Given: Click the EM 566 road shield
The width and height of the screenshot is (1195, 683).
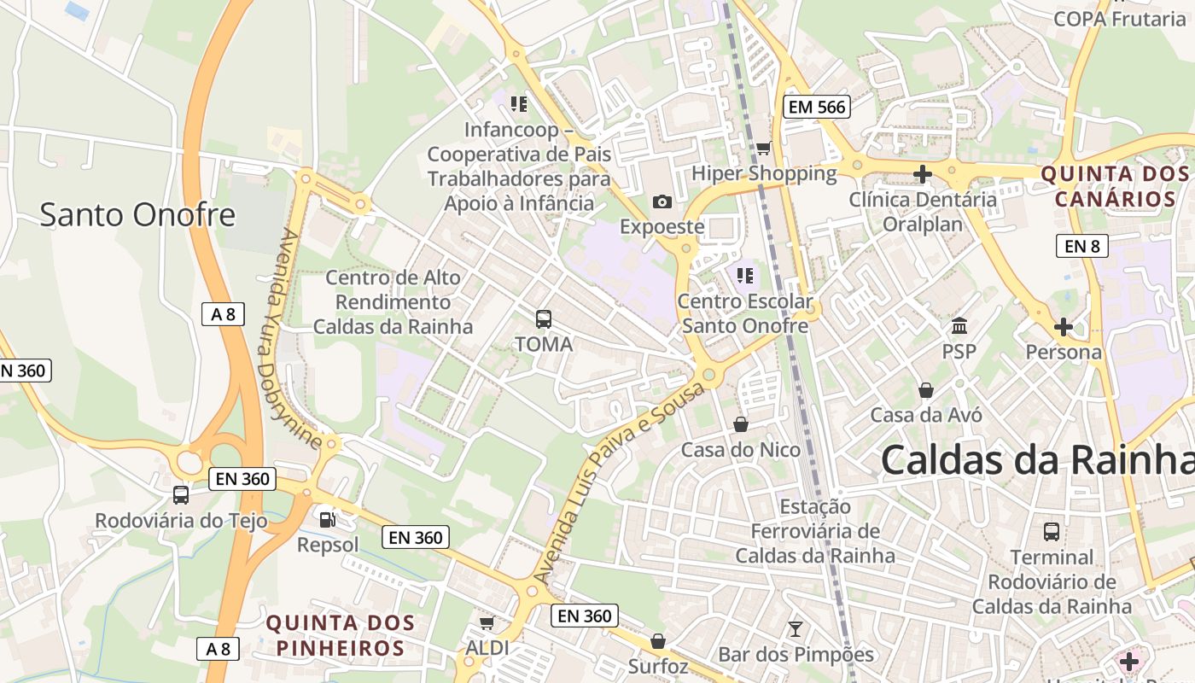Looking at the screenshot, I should pos(816,107).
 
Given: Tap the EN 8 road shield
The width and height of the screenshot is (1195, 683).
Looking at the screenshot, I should pos(1081,247).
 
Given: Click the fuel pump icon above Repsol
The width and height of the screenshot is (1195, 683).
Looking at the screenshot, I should pos(327,519).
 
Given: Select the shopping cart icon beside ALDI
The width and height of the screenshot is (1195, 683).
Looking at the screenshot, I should pos(487,623).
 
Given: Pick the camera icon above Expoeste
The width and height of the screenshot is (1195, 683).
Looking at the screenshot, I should pos(662,201).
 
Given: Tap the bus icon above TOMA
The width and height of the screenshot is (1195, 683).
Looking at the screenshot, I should pos(544,319).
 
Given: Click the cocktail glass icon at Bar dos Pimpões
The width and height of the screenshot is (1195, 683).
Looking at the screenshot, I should pos(796,629).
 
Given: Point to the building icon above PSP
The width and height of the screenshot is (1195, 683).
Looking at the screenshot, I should pos(959,326).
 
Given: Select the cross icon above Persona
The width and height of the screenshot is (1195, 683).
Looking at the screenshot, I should pos(1063,327).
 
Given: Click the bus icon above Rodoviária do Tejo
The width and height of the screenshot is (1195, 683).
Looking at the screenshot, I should pos(181,495).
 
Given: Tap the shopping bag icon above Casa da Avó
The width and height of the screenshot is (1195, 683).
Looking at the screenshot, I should pos(926,390).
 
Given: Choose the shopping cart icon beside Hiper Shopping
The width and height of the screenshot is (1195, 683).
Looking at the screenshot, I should pos(764,149).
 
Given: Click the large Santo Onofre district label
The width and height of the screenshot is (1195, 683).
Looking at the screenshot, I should pos(137,214).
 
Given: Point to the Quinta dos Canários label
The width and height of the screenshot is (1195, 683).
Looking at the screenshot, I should pos(1116,187).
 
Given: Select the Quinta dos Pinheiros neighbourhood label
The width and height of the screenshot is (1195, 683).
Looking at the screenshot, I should pos(340,635).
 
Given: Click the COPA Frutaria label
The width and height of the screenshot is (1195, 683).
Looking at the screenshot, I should pos(1119,18).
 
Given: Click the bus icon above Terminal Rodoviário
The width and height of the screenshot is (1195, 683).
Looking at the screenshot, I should pos(1052,532).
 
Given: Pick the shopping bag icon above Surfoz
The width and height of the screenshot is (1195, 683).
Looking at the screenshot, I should pos(658,640).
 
